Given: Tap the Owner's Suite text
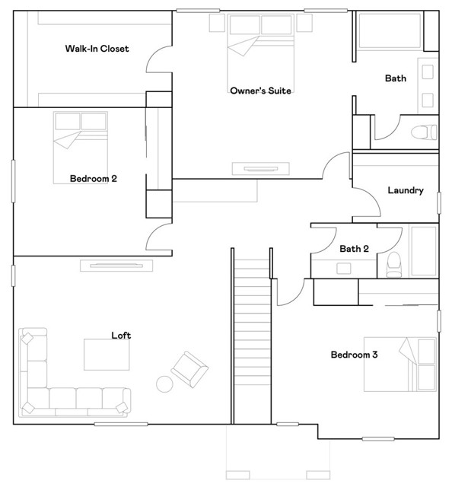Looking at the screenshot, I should (x=261, y=91).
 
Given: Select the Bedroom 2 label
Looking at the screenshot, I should (x=93, y=179).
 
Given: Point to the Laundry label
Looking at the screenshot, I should (x=405, y=190).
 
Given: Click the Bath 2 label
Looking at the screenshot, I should (x=354, y=249).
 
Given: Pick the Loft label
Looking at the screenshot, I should (x=122, y=335).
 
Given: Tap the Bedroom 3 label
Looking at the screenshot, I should (x=354, y=355).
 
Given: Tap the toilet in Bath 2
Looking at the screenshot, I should (x=393, y=263).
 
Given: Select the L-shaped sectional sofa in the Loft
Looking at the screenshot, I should (x=61, y=384).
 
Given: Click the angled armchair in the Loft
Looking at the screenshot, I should (x=189, y=368).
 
